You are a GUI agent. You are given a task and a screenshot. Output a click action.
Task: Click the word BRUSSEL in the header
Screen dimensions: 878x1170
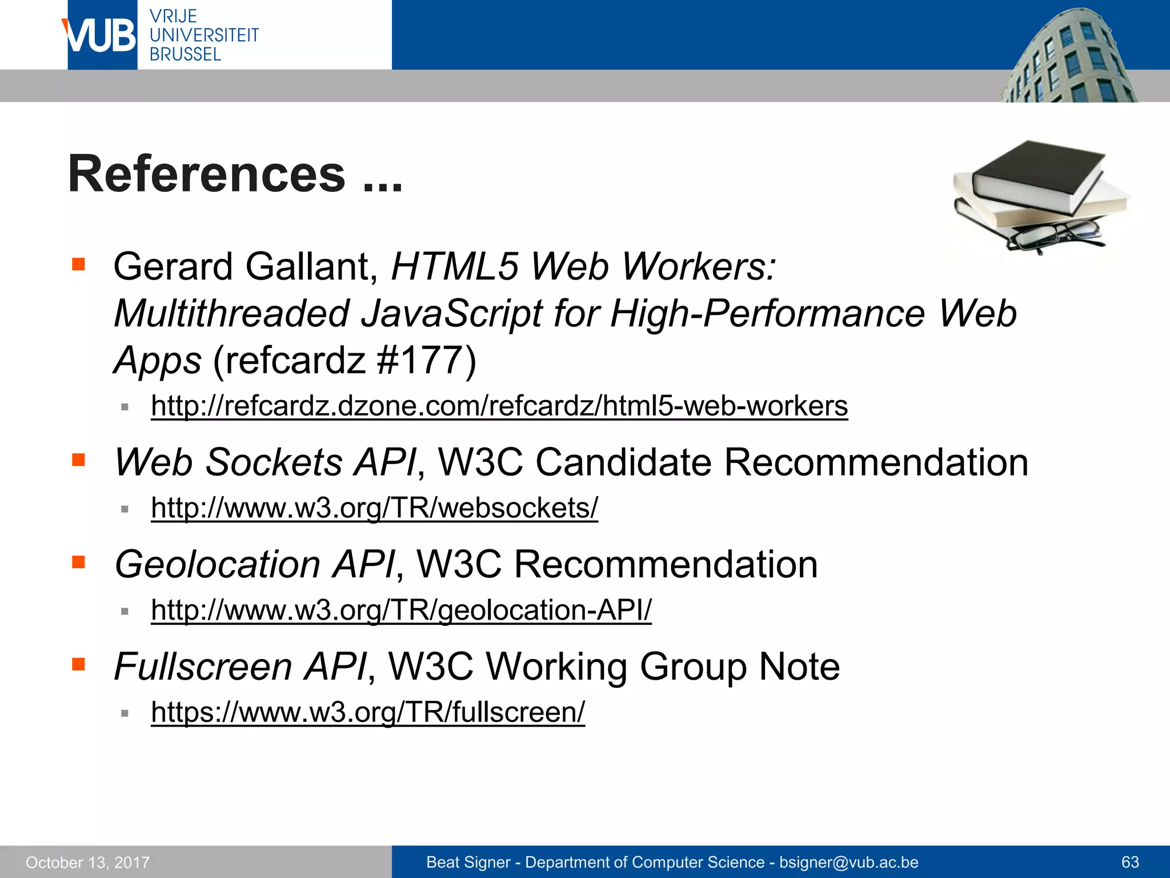[x=185, y=55]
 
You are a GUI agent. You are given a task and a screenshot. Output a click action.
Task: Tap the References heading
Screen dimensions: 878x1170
[x=235, y=174]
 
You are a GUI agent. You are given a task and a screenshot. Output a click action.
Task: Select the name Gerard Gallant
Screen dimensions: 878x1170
[x=246, y=267]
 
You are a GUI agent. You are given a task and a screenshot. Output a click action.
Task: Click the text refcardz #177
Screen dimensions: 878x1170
[x=344, y=361]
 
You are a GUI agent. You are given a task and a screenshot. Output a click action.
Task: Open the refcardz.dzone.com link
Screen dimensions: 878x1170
[x=499, y=406]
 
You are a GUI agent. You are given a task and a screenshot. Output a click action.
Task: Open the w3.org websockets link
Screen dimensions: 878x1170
[x=374, y=508]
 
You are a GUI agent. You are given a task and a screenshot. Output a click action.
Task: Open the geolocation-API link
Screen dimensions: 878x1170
[x=401, y=610]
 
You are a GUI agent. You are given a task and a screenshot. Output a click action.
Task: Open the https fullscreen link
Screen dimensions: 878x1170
[x=368, y=712]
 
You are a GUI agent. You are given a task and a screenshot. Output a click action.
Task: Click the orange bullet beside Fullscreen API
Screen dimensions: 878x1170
[x=78, y=664]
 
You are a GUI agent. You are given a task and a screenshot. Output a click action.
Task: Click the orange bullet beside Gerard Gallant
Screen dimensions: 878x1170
[x=78, y=264]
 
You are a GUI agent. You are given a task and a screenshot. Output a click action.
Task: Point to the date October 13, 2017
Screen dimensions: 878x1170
[x=87, y=863]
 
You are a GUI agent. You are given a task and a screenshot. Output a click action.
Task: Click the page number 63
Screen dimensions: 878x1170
[x=1130, y=862]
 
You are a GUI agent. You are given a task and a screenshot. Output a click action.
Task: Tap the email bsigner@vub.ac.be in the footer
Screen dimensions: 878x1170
[x=849, y=862]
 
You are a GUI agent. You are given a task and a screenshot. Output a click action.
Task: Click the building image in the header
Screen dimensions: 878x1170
[x=1068, y=57]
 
